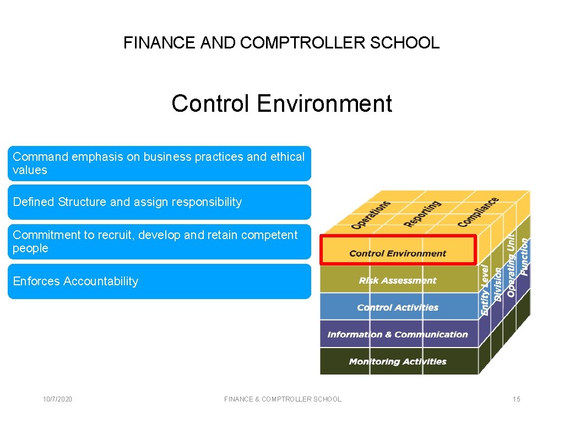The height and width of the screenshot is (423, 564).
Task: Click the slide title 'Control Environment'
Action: [281, 104]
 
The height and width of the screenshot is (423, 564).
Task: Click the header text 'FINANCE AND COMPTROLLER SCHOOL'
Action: [281, 42]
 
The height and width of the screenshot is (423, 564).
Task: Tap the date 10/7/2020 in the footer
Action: [58, 399]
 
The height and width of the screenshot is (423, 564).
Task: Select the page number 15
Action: [516, 399]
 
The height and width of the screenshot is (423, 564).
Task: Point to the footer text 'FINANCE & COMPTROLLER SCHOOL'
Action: [283, 399]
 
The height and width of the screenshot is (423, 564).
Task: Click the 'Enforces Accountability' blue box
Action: [159, 281]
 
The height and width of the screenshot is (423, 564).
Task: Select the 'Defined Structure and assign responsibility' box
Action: [159, 202]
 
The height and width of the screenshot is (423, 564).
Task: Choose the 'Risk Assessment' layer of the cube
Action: [398, 280]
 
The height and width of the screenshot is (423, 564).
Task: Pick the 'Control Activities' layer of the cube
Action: [398, 307]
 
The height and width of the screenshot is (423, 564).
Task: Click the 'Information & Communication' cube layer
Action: [398, 334]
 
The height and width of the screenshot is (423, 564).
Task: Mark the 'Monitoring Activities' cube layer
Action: [398, 361]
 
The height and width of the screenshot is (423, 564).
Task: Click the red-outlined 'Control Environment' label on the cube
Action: [398, 253]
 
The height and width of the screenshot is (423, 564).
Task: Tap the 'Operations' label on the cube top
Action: [371, 214]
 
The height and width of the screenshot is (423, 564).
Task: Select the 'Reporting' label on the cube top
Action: [422, 213]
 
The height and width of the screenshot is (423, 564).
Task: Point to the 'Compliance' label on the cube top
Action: [478, 211]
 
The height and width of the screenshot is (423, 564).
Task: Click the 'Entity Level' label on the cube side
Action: [485, 289]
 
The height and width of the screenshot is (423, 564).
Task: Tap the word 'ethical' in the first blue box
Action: [287, 157]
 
